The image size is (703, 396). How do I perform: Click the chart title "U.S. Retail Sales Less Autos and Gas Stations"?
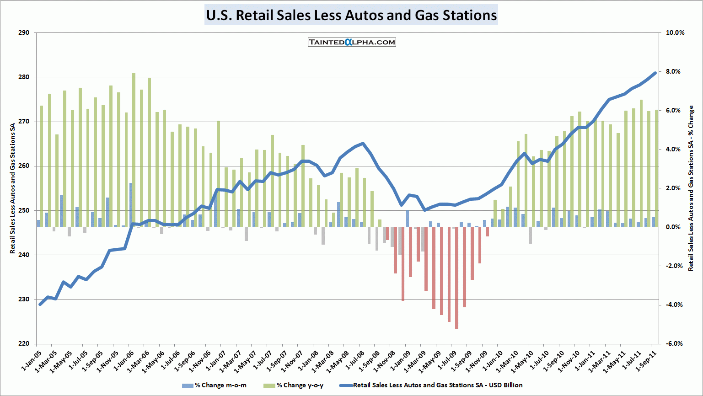pos(351,15)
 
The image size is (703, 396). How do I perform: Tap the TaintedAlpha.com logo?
pos(352,42)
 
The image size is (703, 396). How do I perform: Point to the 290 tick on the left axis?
pos(24,33)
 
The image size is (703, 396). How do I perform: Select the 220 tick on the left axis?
pos(24,344)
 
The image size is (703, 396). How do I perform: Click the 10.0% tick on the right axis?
pos(675,33)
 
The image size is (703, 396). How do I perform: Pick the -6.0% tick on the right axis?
pos(675,344)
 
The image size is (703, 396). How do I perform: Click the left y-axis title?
pos(13,188)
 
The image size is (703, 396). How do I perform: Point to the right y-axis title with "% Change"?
pos(691,188)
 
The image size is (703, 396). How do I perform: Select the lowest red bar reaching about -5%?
pos(456,279)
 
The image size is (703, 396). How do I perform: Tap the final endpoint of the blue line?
pos(655,73)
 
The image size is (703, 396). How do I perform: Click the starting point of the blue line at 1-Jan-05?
pos(40,304)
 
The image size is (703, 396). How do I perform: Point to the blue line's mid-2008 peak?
pos(363,144)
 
